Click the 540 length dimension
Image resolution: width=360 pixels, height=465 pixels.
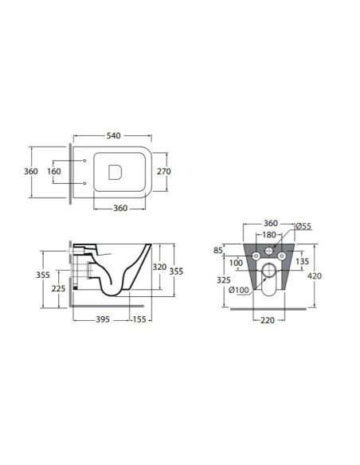(x=114, y=135)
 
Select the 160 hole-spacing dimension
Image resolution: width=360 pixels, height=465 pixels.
(x=54, y=171)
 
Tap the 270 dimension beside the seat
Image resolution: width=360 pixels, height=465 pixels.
(x=164, y=171)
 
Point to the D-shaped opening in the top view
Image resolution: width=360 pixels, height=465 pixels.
(x=115, y=172)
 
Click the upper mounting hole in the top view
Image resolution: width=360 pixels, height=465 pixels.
(x=84, y=160)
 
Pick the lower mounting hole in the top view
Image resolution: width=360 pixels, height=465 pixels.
(x=84, y=183)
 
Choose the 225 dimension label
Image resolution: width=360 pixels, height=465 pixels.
(x=58, y=288)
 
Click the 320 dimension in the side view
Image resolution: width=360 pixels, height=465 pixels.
(x=159, y=267)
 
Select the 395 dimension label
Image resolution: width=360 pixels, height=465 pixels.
(x=103, y=319)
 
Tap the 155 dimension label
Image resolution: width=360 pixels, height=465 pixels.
(x=139, y=319)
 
